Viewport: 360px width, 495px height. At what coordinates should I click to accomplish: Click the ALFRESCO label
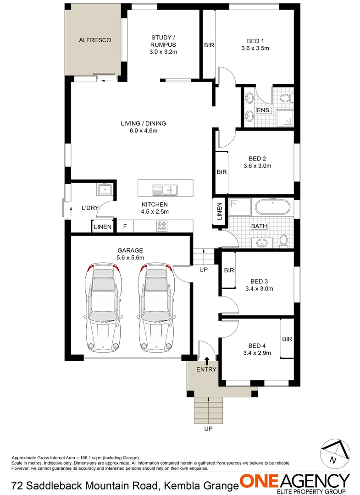point(95,40)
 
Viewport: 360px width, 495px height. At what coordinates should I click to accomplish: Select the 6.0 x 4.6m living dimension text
point(143,131)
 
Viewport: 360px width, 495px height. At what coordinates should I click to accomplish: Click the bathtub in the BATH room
point(272,207)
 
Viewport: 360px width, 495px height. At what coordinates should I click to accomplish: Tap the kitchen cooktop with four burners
point(162,225)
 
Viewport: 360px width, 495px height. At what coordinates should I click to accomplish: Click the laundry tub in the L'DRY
point(105,188)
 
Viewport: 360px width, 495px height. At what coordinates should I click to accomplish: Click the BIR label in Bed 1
point(209,45)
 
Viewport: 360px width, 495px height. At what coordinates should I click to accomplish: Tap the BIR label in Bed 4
point(287,339)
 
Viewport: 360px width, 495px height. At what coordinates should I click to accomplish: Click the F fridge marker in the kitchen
point(125,226)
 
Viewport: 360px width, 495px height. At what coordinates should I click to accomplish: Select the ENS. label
point(263,110)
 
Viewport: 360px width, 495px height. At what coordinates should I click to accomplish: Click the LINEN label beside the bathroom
point(219,211)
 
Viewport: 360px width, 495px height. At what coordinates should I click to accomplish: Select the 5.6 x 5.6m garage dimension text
point(130,258)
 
